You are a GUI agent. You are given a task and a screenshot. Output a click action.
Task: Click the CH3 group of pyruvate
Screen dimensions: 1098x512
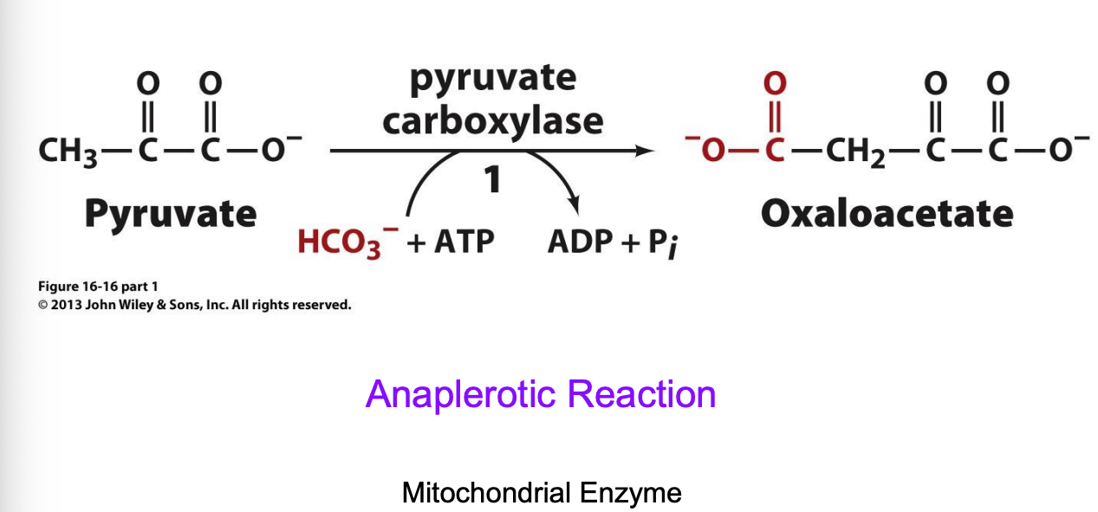pyautogui.click(x=68, y=152)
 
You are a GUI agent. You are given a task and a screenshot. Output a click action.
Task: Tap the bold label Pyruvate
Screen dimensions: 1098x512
pyautogui.click(x=170, y=213)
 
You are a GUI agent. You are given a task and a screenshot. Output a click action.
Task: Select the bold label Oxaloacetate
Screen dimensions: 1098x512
pyautogui.click(x=887, y=213)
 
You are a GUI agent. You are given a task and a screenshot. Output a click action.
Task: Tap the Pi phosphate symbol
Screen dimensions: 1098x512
pyautogui.click(x=663, y=243)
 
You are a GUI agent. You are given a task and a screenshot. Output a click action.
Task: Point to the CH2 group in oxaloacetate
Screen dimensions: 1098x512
pyautogui.click(x=854, y=152)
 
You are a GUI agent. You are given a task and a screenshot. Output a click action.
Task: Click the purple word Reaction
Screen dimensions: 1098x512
pyautogui.click(x=641, y=395)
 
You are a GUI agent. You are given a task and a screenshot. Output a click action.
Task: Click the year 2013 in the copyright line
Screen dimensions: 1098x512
pyautogui.click(x=65, y=305)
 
